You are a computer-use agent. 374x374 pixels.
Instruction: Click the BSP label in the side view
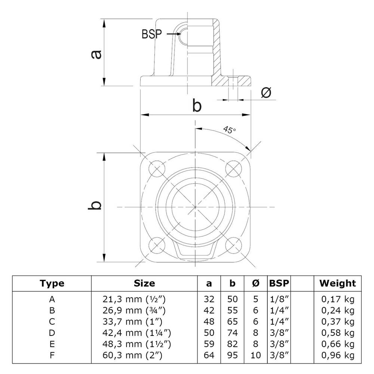[x=151, y=34]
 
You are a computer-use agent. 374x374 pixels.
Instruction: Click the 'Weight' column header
[x=337, y=283]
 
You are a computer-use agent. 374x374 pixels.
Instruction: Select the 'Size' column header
[x=144, y=283]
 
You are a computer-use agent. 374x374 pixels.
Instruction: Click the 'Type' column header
[x=52, y=283]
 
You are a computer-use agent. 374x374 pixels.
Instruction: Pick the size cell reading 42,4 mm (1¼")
[x=134, y=332]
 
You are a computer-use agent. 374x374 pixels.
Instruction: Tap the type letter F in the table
[x=52, y=355]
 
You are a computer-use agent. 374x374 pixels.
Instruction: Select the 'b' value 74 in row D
[x=232, y=332]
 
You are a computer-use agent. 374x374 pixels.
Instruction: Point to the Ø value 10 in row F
[x=256, y=355]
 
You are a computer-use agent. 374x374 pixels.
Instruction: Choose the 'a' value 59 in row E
[x=209, y=344]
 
